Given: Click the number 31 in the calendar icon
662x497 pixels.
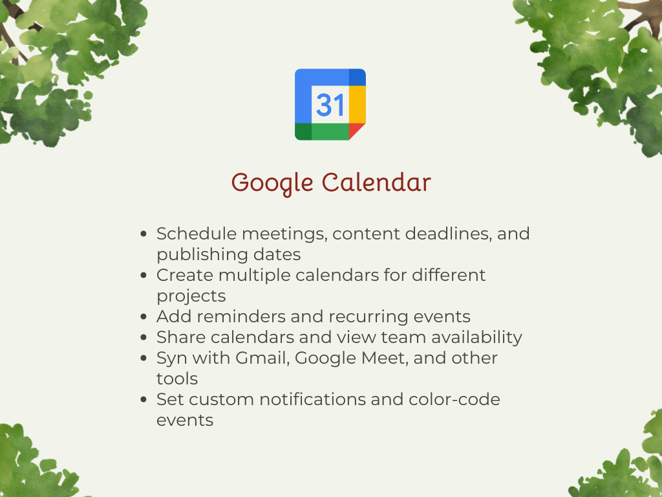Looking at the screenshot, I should (330, 104).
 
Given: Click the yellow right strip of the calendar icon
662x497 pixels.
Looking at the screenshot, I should (358, 104).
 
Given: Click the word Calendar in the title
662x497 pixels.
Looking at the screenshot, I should (376, 182).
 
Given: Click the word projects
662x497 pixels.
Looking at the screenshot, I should (191, 296).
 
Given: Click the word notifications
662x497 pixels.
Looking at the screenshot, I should (313, 399).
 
